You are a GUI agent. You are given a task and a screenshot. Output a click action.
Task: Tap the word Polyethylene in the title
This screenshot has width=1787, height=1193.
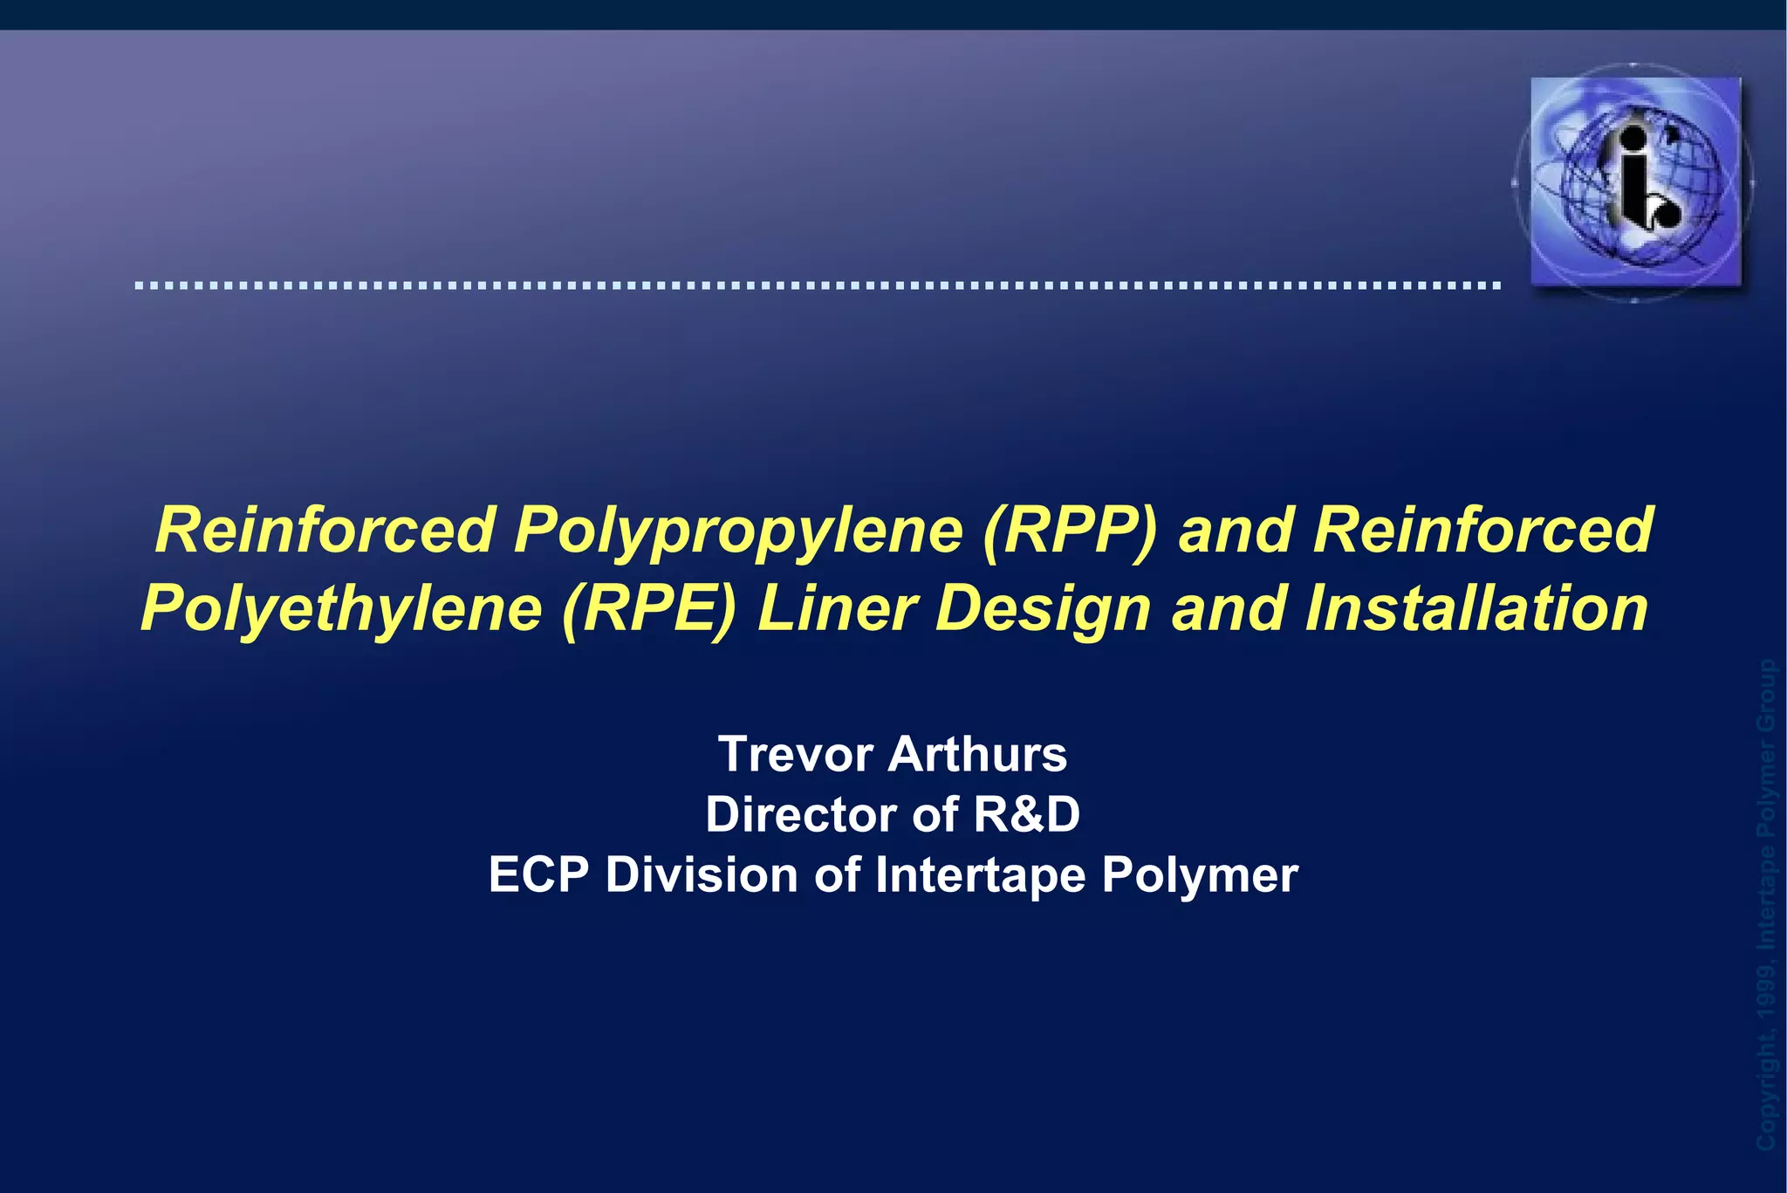341,608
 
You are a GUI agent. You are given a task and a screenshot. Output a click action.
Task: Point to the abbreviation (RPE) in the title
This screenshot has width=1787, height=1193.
649,608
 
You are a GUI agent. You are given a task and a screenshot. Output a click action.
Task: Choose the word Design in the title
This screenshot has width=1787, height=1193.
1044,608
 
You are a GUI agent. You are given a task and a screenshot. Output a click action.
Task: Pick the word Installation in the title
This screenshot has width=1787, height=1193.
1476,608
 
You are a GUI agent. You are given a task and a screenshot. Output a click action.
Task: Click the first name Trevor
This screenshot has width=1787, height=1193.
795,754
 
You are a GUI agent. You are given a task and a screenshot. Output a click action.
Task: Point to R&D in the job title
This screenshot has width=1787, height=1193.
1026,814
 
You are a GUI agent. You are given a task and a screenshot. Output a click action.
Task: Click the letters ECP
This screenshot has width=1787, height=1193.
538,874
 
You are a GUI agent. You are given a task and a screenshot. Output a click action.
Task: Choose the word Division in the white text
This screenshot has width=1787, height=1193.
702,874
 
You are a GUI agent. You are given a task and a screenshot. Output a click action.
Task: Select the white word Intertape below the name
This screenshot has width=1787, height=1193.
980,874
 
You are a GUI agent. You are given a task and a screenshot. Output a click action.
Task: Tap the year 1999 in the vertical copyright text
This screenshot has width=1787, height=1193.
1766,986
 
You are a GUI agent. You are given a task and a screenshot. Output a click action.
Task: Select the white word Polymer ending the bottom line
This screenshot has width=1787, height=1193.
1200,874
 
